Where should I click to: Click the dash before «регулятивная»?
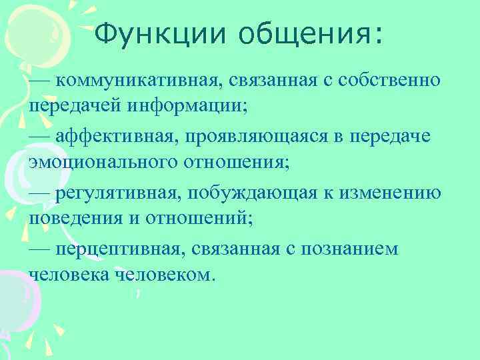tap(41, 193)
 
